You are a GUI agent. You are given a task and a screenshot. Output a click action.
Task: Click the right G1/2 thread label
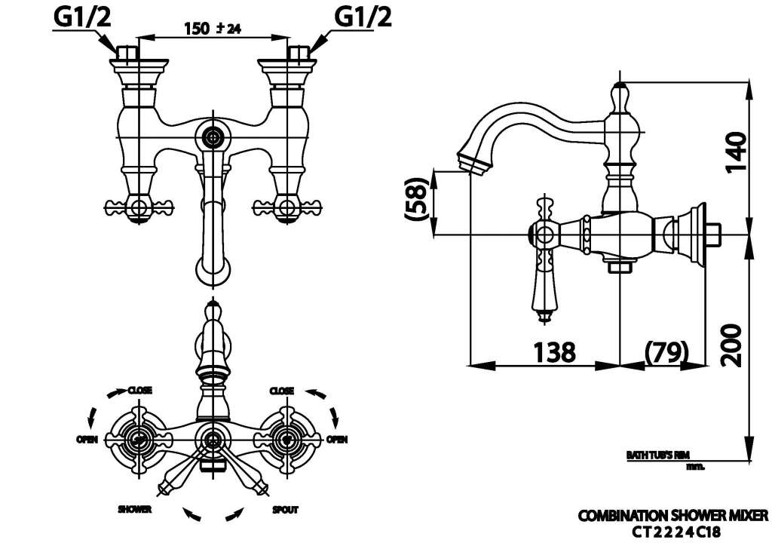click(x=363, y=17)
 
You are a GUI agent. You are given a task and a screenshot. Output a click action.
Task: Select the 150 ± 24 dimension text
click(x=213, y=29)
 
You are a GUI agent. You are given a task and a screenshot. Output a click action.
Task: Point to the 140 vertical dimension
click(x=736, y=151)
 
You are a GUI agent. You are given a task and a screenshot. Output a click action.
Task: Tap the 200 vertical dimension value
click(x=731, y=345)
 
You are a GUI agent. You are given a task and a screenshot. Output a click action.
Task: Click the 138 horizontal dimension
click(x=554, y=351)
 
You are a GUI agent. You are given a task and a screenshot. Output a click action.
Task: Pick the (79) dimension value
click(x=666, y=351)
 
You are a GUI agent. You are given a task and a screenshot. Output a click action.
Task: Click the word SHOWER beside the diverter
click(x=134, y=509)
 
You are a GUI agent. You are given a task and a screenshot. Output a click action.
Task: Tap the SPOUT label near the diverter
click(x=286, y=510)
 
